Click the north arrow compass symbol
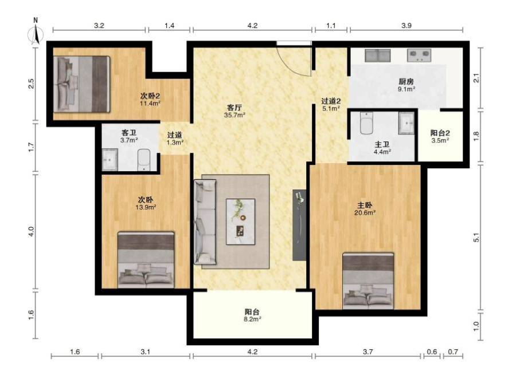point(36,33)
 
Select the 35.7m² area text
point(234,115)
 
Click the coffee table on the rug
point(241,222)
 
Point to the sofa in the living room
point(205,222)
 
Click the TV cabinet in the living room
point(299,225)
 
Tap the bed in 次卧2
point(81,84)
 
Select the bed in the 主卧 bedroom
point(368,281)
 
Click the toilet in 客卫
point(143,160)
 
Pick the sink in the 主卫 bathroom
point(406,123)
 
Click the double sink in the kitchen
point(377,56)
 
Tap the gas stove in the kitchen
point(419,56)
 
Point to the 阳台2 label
point(440,133)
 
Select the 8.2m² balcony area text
point(253,319)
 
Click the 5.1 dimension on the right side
point(476,237)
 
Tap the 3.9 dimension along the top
point(406,25)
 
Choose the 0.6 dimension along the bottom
point(432,352)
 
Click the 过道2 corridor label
point(331,101)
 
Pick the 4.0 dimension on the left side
point(32,232)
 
